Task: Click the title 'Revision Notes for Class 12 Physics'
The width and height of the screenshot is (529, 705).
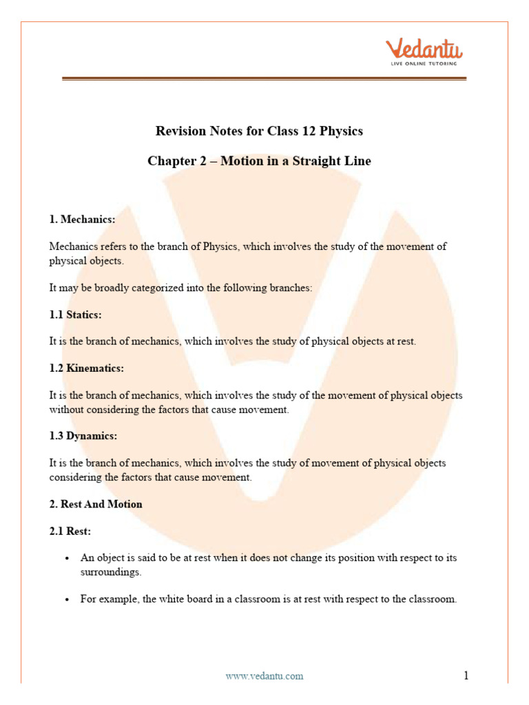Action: (259, 130)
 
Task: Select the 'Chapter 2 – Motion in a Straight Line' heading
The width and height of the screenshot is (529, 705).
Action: (259, 161)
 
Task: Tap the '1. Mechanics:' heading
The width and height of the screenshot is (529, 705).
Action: (82, 220)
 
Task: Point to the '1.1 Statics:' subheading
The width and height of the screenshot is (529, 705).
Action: (75, 315)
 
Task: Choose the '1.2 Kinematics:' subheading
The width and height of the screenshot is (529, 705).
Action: (87, 368)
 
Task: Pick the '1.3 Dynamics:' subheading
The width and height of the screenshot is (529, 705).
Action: (83, 436)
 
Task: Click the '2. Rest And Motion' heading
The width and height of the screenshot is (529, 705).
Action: (96, 504)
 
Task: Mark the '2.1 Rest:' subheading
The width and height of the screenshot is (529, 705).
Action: (70, 531)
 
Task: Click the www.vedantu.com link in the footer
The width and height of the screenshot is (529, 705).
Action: (264, 676)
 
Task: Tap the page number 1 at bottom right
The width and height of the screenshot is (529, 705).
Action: (466, 675)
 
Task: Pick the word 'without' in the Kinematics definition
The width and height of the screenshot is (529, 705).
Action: (65, 409)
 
